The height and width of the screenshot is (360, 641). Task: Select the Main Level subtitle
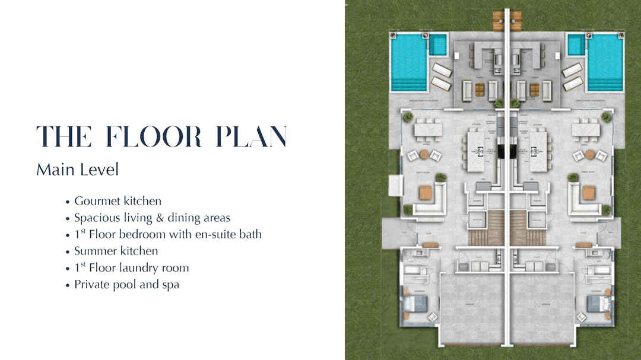78,170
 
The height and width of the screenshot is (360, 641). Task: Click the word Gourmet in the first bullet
97,201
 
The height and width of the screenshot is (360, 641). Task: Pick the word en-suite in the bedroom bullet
217,234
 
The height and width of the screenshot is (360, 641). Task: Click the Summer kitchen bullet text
116,251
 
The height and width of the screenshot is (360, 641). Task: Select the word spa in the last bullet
170,284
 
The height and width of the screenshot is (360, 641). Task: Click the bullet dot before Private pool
69,285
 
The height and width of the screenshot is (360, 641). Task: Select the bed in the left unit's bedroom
415,304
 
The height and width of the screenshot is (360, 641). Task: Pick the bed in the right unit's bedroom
597,304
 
